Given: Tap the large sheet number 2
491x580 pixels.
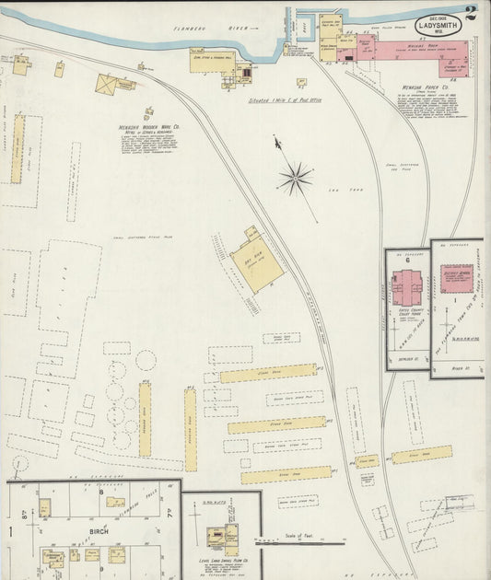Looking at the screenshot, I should [x=472, y=13].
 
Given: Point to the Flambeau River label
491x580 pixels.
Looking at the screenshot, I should [x=199, y=29].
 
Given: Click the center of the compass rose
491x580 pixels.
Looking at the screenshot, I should [x=296, y=178].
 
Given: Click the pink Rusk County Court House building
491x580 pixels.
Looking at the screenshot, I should [x=406, y=287].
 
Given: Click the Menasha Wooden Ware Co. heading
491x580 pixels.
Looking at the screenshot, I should [x=148, y=128].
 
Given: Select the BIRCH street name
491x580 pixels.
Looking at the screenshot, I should [x=99, y=532].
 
